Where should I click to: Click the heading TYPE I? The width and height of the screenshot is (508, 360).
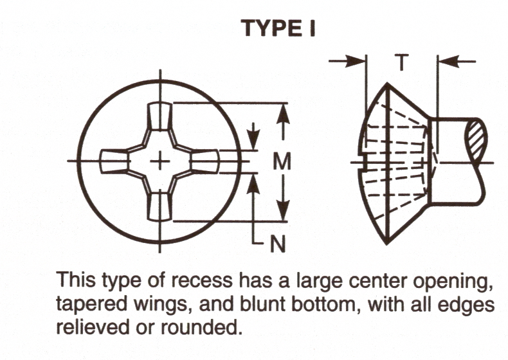click(x=278, y=28)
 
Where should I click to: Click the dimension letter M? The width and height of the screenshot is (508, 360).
click(x=282, y=162)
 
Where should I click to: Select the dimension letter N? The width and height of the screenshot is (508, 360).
click(x=277, y=243)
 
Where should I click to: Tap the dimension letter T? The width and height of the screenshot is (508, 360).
click(x=401, y=63)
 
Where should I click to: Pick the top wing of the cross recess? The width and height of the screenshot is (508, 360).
click(x=159, y=118)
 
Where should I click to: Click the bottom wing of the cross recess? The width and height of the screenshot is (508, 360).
click(x=158, y=206)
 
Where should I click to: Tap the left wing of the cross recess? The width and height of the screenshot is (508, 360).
click(x=114, y=161)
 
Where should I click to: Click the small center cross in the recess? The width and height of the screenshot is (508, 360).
click(x=159, y=161)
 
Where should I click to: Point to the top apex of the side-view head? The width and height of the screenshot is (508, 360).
click(x=387, y=84)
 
